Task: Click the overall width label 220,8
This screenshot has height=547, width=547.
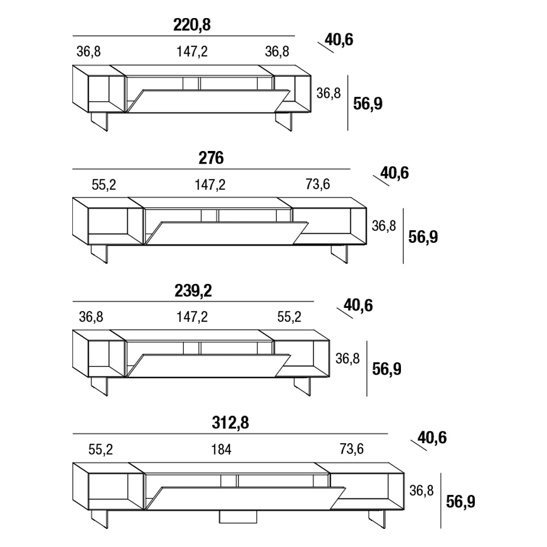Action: [x=192, y=25]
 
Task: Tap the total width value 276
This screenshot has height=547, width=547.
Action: [x=211, y=158]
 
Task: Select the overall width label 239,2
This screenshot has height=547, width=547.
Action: [x=193, y=291]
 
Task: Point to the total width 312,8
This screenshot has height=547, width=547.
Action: [x=230, y=423]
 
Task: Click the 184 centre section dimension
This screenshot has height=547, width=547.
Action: [x=221, y=450]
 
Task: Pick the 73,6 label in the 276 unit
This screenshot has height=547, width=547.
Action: [x=317, y=184]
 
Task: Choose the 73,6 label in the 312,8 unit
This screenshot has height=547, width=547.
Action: [x=352, y=449]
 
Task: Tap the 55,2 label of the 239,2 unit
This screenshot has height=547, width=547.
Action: [x=289, y=317]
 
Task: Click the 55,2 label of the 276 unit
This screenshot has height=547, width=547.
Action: [x=103, y=185]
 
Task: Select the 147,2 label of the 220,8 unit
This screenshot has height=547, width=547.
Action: [x=192, y=51]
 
